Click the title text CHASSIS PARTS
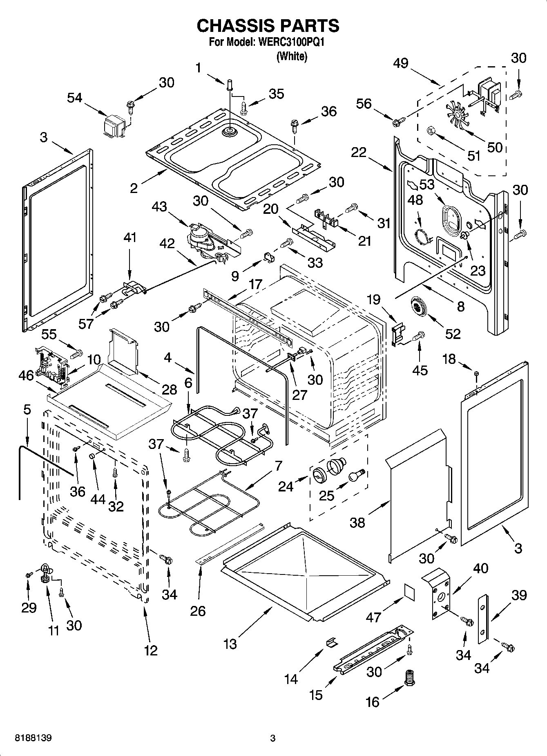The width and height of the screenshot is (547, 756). coord(268,26)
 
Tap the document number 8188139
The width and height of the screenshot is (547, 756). coord(33,738)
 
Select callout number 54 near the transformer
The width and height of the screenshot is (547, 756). coord(75,98)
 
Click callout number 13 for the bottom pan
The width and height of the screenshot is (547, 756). coord(230,644)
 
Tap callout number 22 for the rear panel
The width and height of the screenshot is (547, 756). coord(359,153)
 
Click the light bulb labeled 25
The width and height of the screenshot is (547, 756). coord(355,476)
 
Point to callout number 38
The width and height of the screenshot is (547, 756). coord(357,522)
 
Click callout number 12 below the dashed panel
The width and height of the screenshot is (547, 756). coord(151,650)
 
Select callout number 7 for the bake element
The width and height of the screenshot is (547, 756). coord(278,466)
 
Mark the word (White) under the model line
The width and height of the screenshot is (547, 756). coord(292,56)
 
